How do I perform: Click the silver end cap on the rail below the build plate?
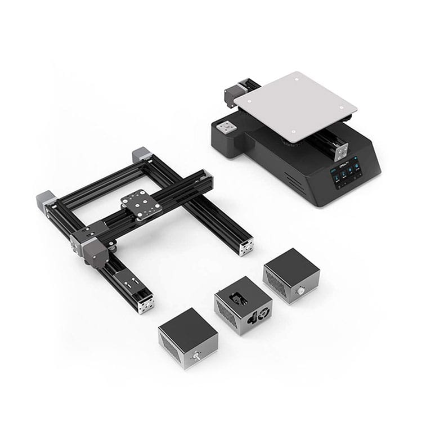[x=340, y=151]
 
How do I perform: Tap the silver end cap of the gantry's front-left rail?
[x=146, y=304]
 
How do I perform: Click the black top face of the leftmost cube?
[x=187, y=326]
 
